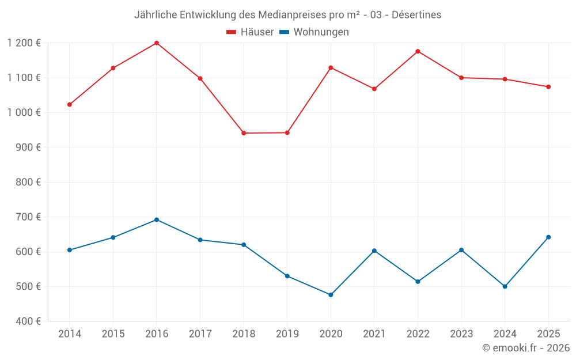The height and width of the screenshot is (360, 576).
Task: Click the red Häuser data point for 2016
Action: (157, 43)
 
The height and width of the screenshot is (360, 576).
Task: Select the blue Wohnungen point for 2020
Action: (331, 295)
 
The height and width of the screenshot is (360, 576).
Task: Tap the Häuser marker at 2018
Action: (244, 133)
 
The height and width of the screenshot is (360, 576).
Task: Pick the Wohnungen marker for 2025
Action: (548, 237)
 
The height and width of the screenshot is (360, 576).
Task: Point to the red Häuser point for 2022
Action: (418, 51)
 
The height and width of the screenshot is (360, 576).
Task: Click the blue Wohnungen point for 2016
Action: (157, 219)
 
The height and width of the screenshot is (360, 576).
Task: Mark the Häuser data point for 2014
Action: (70, 105)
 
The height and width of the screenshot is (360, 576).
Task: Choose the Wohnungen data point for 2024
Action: (505, 286)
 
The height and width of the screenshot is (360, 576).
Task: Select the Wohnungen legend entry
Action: (314, 32)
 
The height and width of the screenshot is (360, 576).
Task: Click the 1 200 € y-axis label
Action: (24, 43)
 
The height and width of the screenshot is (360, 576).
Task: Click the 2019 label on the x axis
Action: (287, 334)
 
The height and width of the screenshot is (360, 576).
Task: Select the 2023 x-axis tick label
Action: (461, 334)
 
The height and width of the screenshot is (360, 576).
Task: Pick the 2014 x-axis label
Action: (70, 334)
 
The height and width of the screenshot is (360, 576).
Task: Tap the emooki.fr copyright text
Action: (526, 348)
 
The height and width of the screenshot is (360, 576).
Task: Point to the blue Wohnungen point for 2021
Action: (374, 251)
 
